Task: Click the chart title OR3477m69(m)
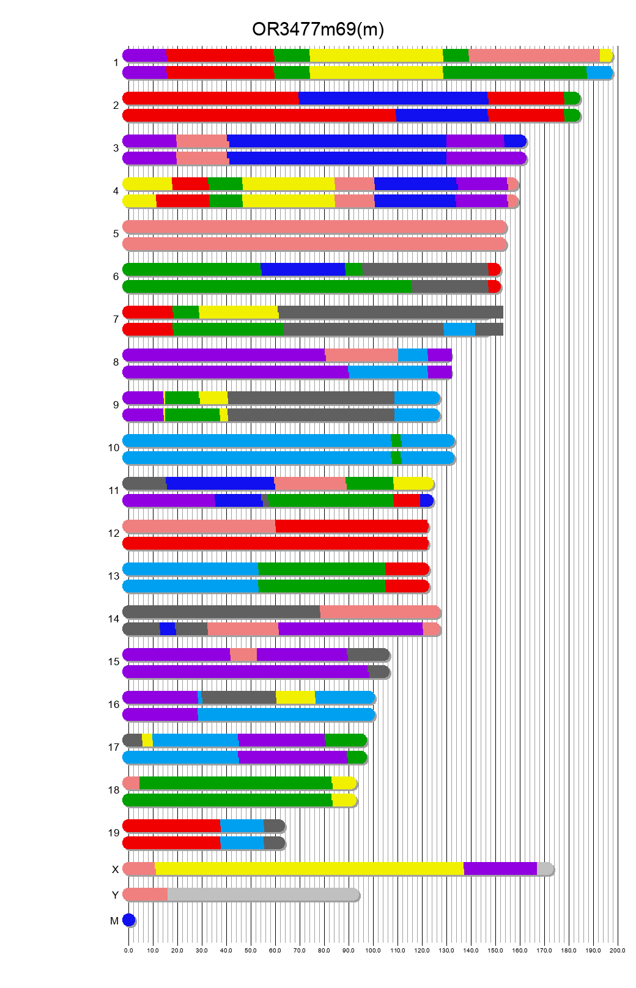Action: [x=318, y=29]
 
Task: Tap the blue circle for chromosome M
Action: [x=128, y=920]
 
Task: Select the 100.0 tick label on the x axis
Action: [x=373, y=950]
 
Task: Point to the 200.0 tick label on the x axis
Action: [x=618, y=950]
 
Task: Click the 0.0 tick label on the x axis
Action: [x=128, y=950]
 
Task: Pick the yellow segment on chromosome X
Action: [x=309, y=869]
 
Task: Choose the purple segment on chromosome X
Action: [x=500, y=869]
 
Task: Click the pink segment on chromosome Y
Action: [x=146, y=894]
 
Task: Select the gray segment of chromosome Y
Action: [x=263, y=894]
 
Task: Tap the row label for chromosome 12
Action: [x=114, y=534]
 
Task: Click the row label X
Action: [x=115, y=869]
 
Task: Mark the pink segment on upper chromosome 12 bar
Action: [x=199, y=526]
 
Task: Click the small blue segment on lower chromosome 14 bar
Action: [x=168, y=629]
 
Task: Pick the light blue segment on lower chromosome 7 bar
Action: [x=459, y=330]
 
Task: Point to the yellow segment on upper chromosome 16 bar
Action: [x=295, y=698]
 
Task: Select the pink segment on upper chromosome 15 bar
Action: [x=243, y=655]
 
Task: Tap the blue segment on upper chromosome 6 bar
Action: [x=303, y=270]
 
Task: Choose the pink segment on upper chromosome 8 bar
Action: [x=361, y=355]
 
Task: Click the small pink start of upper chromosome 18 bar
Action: [x=131, y=783]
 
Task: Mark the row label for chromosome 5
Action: [x=116, y=234]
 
